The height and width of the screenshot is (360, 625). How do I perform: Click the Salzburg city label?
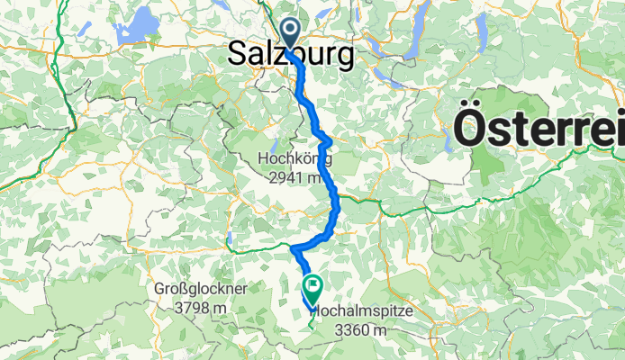tap(290, 55)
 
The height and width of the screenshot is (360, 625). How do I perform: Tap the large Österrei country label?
tap(539, 126)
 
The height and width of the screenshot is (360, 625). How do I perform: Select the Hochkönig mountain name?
tap(294, 159)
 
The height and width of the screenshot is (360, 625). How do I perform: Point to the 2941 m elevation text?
tap(294, 176)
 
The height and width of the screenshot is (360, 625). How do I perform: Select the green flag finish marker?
tap(312, 288)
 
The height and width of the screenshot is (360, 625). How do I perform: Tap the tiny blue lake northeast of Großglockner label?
tap(229, 239)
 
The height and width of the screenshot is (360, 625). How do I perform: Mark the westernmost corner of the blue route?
tap(293, 247)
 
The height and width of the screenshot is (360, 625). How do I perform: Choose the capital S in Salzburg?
tap(238, 55)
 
